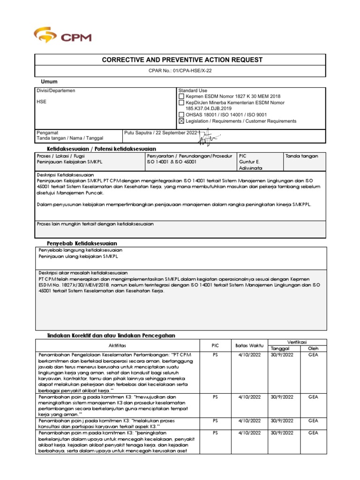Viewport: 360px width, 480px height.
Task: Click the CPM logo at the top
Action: (x=62, y=36)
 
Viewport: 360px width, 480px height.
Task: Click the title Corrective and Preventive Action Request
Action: (x=180, y=60)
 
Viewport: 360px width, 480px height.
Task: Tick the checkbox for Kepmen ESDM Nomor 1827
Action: (x=181, y=96)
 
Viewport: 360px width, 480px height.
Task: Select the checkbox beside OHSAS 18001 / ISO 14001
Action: (x=181, y=114)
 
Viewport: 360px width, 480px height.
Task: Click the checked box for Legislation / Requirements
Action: (x=181, y=121)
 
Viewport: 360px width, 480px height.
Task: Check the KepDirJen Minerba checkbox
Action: (x=181, y=102)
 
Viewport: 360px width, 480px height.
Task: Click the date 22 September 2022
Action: (x=174, y=133)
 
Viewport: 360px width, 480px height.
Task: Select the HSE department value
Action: (x=41, y=102)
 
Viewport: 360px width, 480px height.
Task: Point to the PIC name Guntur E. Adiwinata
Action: (x=251, y=165)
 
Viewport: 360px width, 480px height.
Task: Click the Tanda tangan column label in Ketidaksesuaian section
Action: (x=301, y=156)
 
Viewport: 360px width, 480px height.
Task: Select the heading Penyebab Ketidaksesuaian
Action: (x=82, y=243)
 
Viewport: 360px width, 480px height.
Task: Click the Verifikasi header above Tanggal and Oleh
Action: (x=295, y=342)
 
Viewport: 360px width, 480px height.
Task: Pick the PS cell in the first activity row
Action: (x=215, y=355)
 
